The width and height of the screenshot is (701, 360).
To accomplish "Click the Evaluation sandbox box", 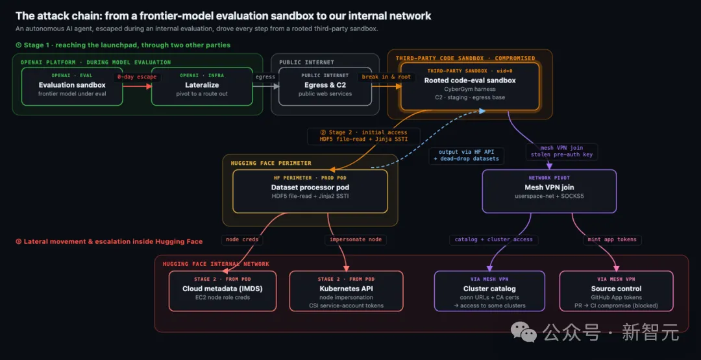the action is (x=72, y=86).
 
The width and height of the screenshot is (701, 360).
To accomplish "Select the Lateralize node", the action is (x=202, y=86).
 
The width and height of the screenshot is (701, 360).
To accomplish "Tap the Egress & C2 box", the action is (x=325, y=86).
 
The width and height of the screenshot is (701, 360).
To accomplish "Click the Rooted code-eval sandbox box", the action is (x=470, y=86).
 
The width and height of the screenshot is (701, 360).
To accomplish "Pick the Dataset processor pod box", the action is (x=310, y=191).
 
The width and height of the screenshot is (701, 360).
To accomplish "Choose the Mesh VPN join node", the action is (x=549, y=191).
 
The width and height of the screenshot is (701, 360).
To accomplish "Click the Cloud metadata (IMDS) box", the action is (x=223, y=291).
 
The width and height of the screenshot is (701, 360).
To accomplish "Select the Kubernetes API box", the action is (x=347, y=291).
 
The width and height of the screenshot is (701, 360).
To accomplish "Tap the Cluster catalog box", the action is (x=489, y=291).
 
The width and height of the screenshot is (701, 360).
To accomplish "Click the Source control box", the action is (x=617, y=291).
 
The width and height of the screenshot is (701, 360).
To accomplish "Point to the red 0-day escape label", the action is (x=137, y=77).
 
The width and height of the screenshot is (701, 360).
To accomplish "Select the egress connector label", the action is (x=265, y=77).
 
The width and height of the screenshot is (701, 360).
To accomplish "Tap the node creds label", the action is (x=242, y=240).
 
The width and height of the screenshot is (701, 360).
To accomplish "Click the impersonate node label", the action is (x=356, y=240).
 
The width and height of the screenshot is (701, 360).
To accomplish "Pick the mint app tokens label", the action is (x=613, y=239).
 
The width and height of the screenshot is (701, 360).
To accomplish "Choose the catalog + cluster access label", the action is (x=493, y=239).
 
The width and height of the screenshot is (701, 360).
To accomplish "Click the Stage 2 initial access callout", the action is (x=363, y=136).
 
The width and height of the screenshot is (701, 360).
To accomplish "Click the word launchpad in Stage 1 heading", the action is (x=113, y=45).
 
